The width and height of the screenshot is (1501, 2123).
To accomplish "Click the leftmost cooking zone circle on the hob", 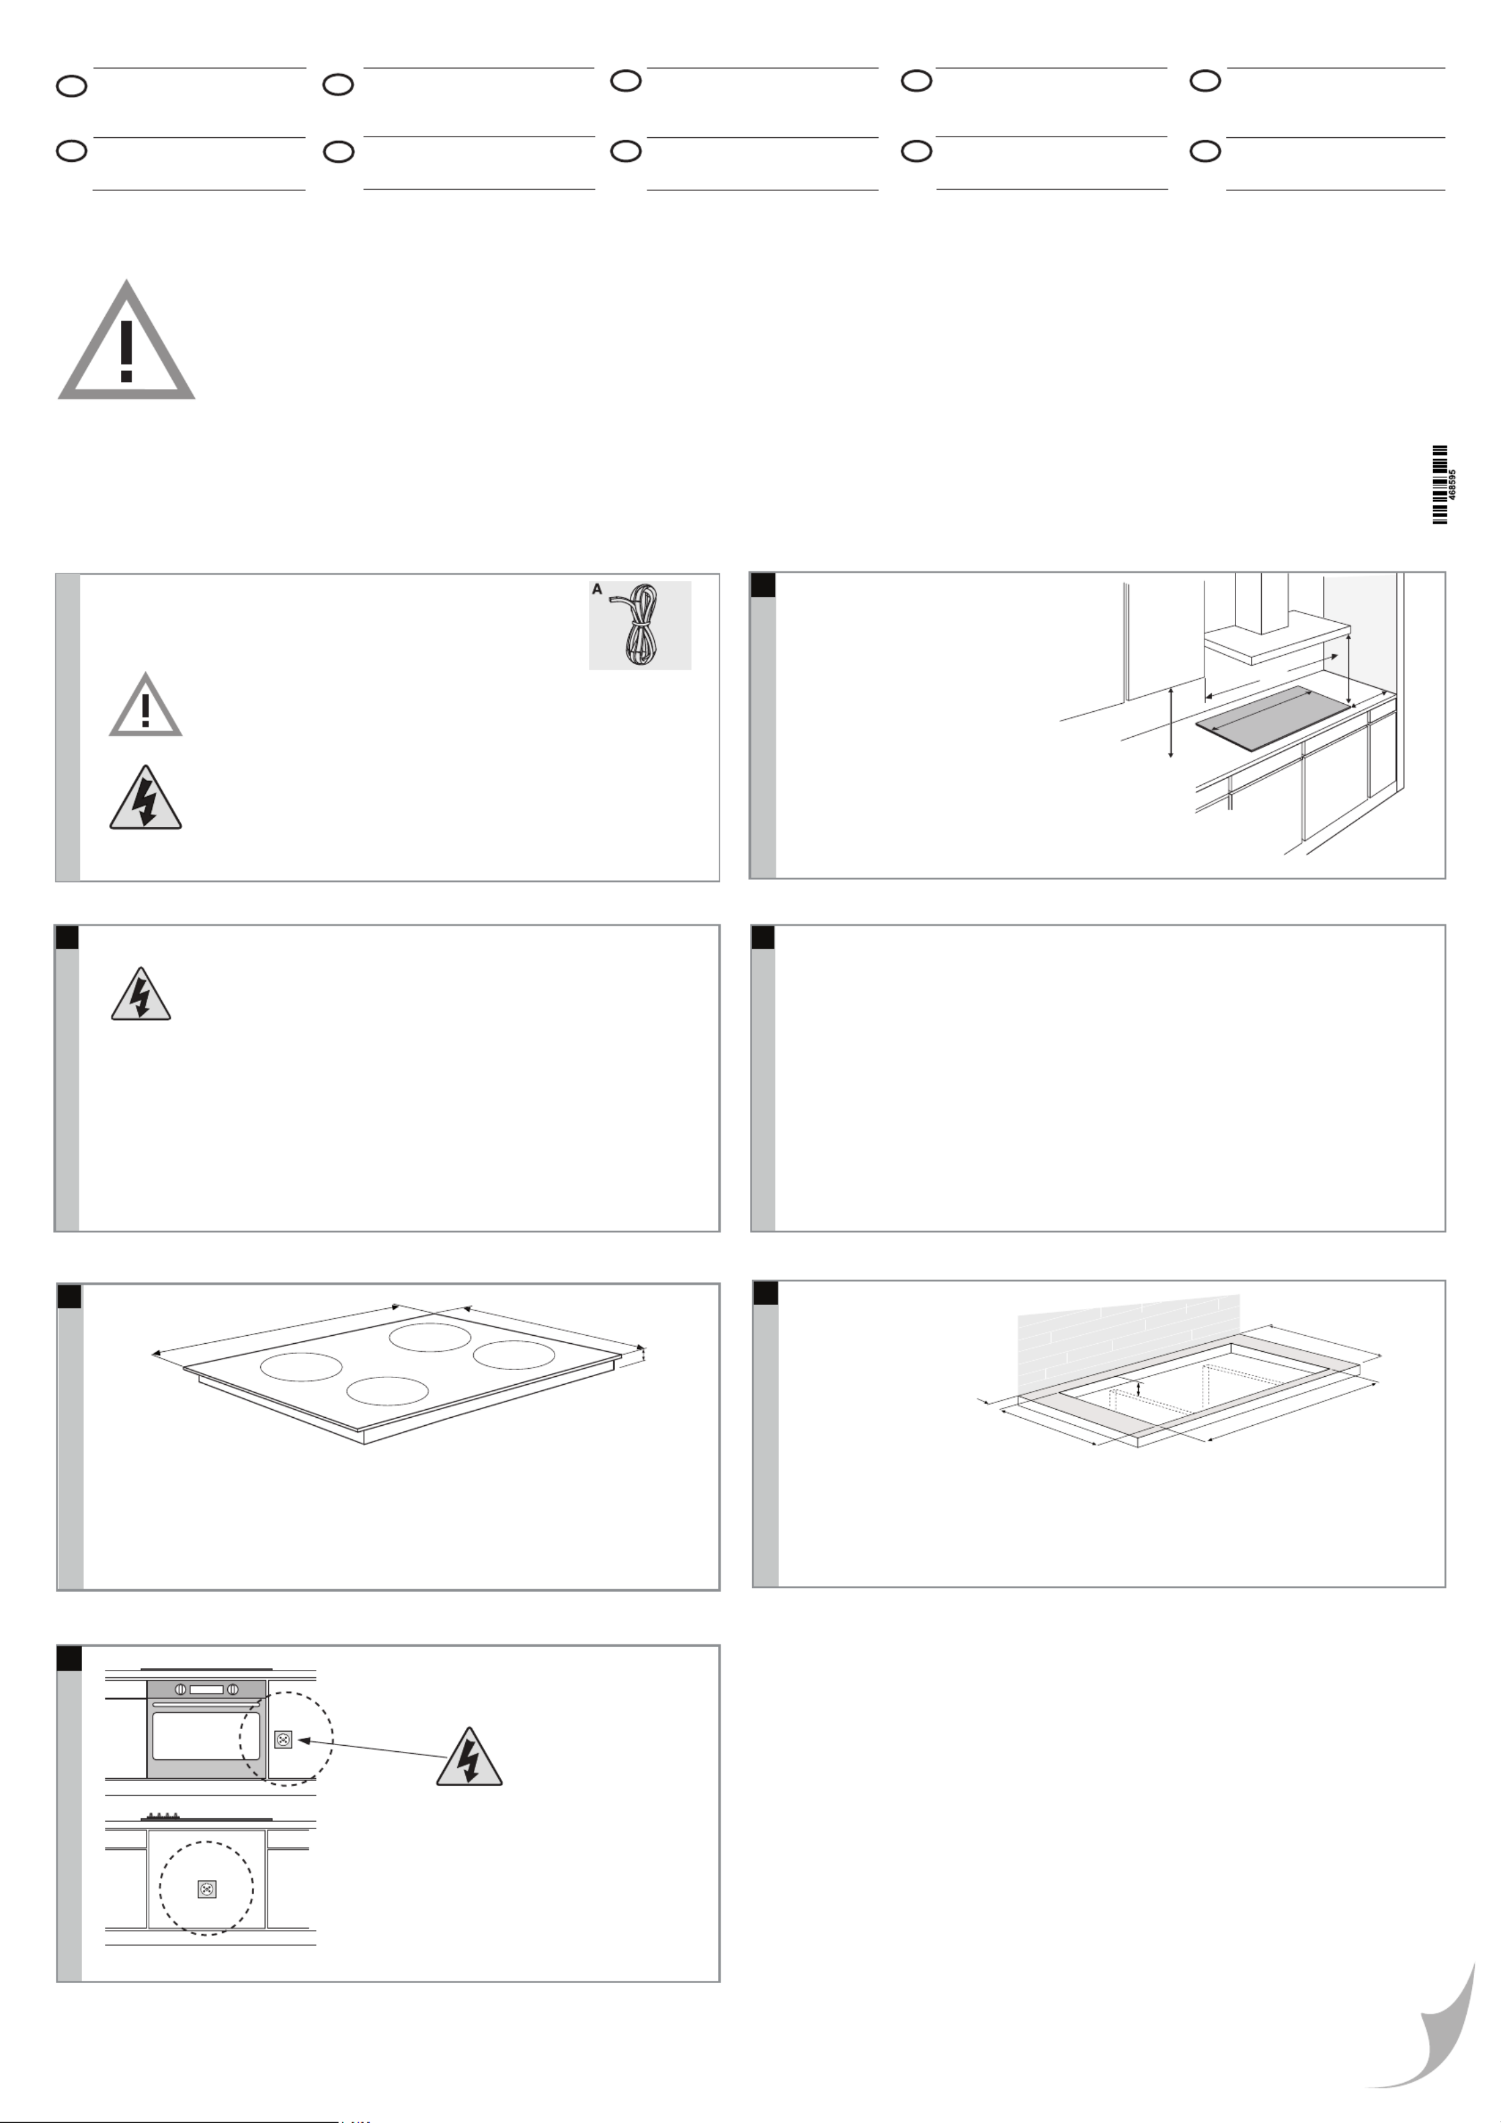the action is pyautogui.click(x=302, y=1367).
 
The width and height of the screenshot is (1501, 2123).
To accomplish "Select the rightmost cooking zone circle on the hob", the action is pyautogui.click(x=514, y=1355).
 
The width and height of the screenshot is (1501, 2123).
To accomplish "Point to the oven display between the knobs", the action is pyautogui.click(x=206, y=1689).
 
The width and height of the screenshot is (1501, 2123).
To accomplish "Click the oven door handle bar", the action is pyautogui.click(x=206, y=1704).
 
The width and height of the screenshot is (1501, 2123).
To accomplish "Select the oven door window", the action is pyautogui.click(x=206, y=1736).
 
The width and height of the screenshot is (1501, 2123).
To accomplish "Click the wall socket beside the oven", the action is pyautogui.click(x=284, y=1739).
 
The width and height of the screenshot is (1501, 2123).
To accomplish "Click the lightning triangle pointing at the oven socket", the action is pyautogui.click(x=469, y=1757).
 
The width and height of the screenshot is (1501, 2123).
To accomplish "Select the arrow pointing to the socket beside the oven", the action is pyautogui.click(x=372, y=1748).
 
